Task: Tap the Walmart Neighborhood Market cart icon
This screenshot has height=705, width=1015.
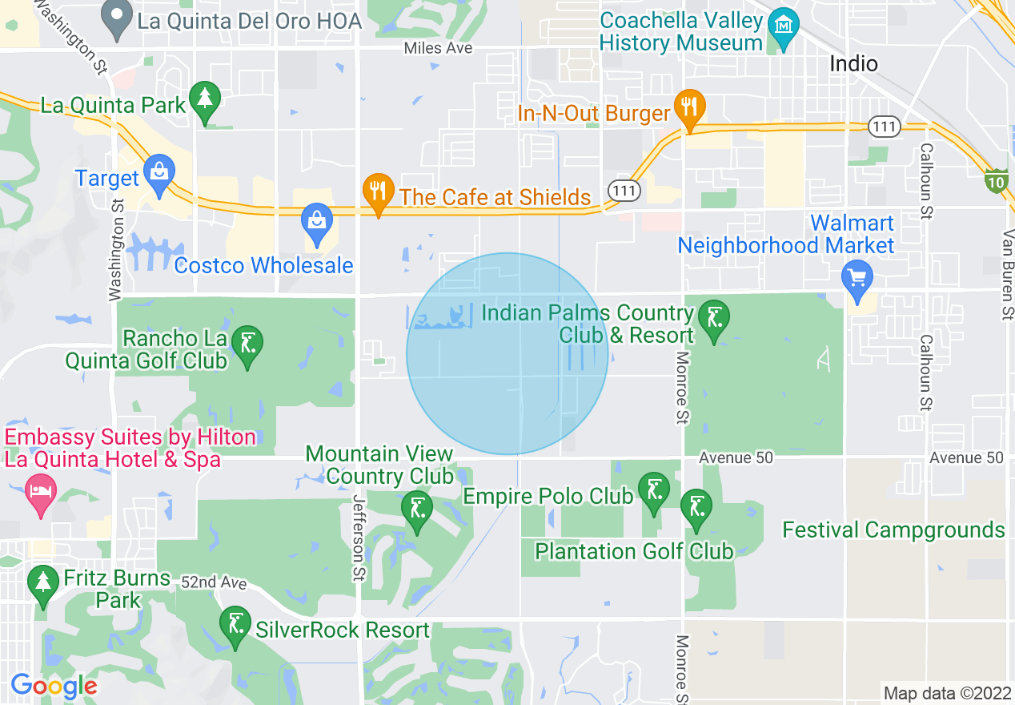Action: click(857, 279)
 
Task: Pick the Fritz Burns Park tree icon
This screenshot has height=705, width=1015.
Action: click(42, 583)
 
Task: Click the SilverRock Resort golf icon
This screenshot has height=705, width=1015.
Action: click(235, 626)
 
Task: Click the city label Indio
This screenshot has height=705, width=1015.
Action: click(853, 63)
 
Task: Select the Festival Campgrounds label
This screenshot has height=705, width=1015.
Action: click(893, 530)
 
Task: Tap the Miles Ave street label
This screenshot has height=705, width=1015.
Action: click(438, 49)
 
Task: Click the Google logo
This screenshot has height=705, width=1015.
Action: click(54, 686)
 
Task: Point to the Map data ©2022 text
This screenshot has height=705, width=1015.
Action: click(945, 693)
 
